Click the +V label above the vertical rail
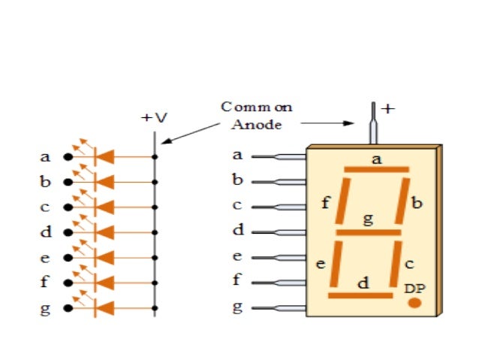coord(155,118)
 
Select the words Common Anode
coord(256,116)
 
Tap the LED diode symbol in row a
coord(104,157)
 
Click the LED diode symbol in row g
coord(104,307)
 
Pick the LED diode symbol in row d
coord(104,232)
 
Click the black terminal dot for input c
coord(68,207)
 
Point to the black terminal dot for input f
coord(68,283)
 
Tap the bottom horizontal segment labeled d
coord(360,295)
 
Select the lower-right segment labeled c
coord(394,264)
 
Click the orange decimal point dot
coord(414,303)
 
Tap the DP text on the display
coord(414,288)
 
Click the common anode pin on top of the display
coord(372,125)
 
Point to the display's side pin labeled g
coord(278,308)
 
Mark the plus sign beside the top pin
coord(387,108)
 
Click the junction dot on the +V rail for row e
coord(155,257)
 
